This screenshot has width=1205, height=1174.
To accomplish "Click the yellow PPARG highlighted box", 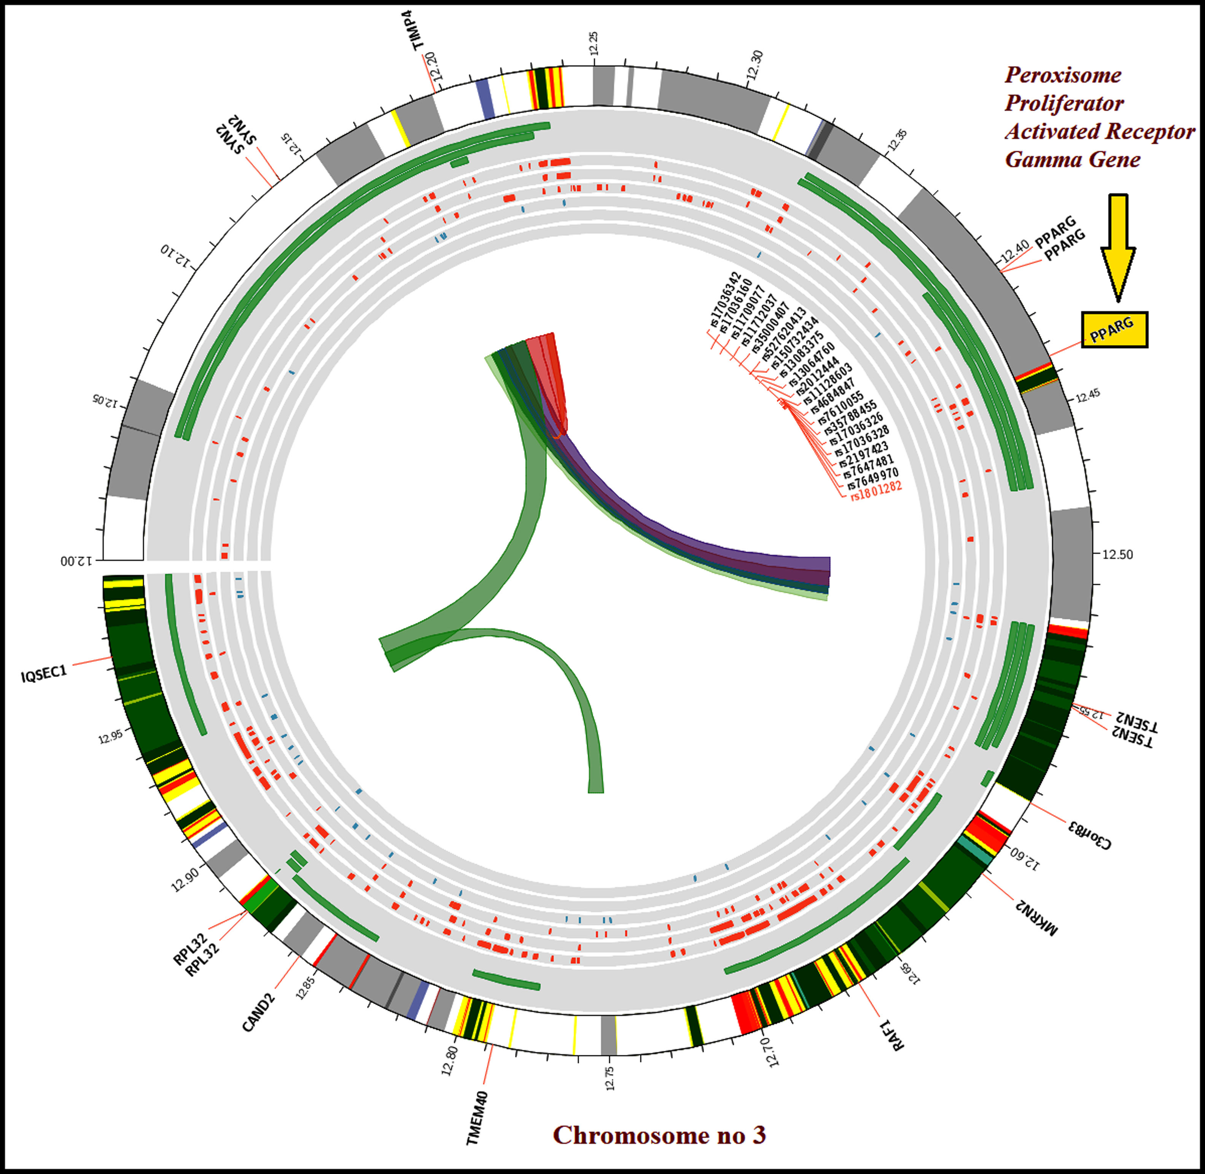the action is pyautogui.click(x=1114, y=330).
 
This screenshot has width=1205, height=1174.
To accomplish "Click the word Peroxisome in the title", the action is pyautogui.click(x=1063, y=75).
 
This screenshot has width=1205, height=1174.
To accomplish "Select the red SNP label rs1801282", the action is pyautogui.click(x=876, y=491).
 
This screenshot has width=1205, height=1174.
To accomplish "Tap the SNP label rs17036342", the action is pyautogui.click(x=724, y=299).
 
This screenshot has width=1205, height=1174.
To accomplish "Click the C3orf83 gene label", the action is pyautogui.click(x=1090, y=834).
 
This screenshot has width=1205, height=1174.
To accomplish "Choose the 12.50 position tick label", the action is pyautogui.click(x=1117, y=554).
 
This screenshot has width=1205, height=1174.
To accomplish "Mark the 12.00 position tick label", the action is pyautogui.click(x=76, y=561).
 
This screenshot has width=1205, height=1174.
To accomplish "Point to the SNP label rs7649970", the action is pyautogui.click(x=870, y=478).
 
